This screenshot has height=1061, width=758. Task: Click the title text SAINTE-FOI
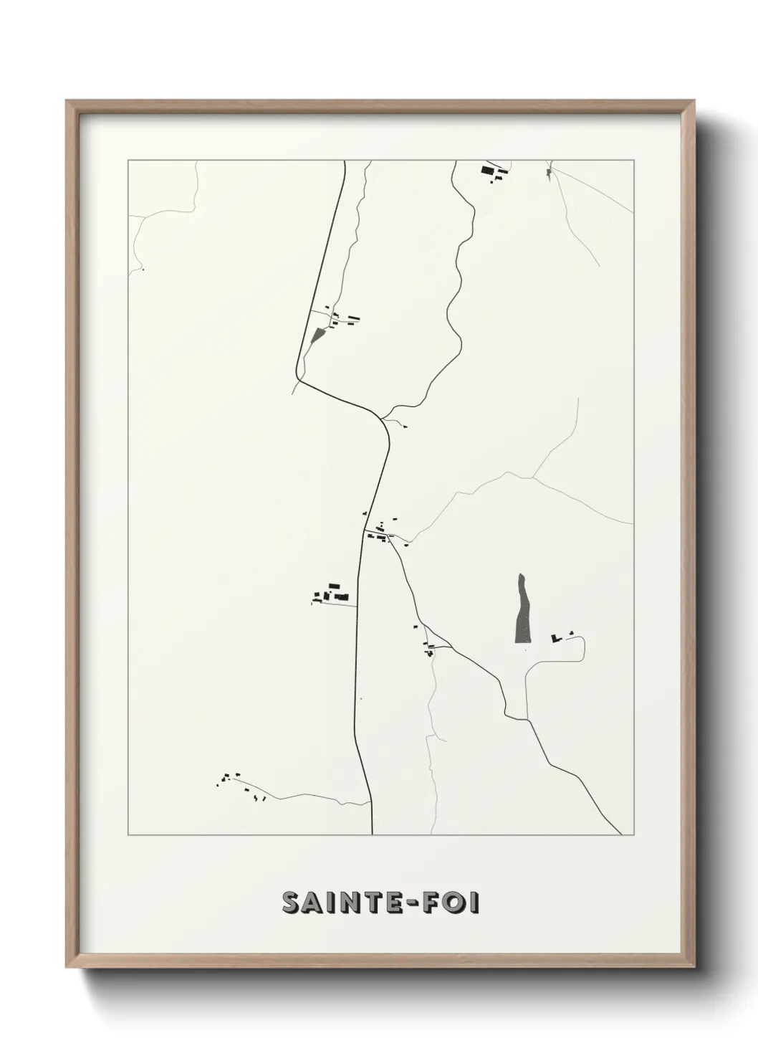coord(381,903)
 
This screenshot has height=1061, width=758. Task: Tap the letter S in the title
coord(292,903)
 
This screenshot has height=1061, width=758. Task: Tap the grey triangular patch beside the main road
coord(318,334)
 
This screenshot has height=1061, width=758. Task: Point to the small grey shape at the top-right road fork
coord(550,172)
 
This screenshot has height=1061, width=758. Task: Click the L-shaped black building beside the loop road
coord(555,637)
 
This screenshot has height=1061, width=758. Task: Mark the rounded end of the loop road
coord(585,648)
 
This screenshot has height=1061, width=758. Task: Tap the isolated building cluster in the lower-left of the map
coord(240,784)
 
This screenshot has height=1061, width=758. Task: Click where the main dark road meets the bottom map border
coord(373,834)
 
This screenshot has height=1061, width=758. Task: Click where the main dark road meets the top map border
coord(345,161)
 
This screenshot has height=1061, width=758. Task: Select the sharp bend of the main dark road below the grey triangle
coord(297,376)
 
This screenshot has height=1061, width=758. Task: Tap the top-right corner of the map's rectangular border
coord(633,161)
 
